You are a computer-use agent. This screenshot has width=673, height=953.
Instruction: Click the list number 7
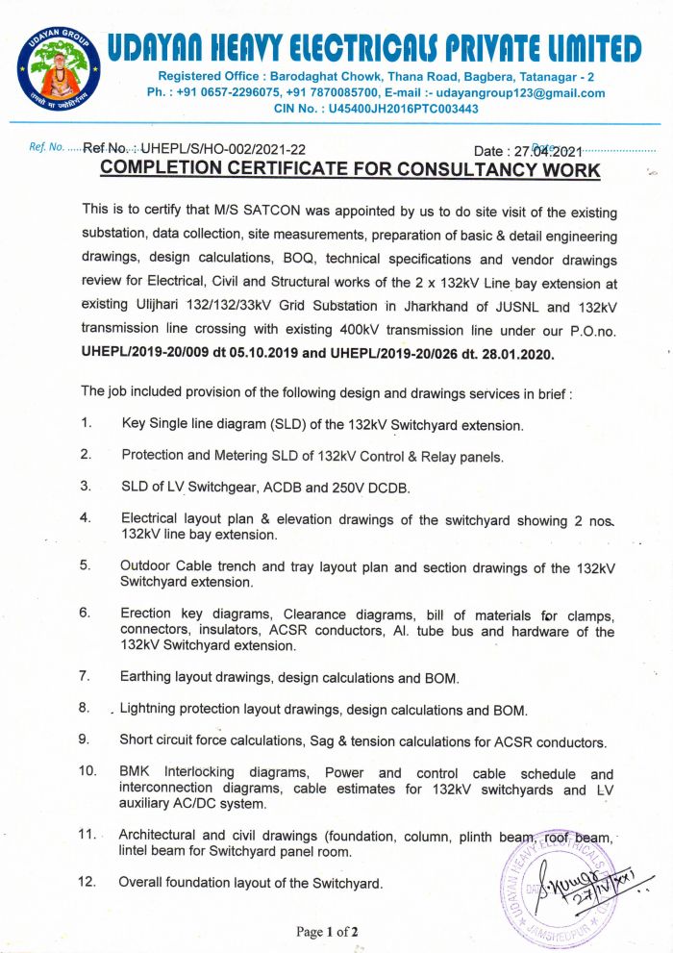coord(85,677)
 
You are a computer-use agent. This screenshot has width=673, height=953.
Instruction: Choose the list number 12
coord(87,882)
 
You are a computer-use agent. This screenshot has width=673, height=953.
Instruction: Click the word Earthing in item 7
coord(148,677)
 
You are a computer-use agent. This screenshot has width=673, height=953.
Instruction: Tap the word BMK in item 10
coord(136,773)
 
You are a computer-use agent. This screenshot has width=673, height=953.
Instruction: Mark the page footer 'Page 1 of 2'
coord(327,932)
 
